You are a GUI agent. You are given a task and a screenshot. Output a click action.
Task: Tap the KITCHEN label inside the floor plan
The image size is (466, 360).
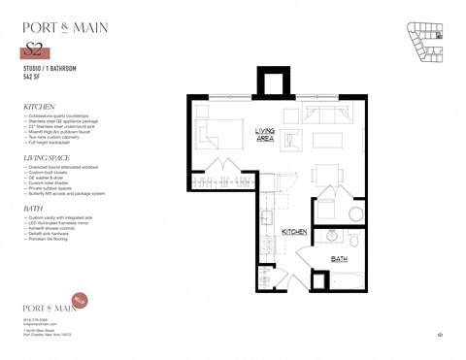[295, 233]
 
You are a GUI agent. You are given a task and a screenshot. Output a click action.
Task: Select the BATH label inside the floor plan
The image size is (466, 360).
[340, 259]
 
